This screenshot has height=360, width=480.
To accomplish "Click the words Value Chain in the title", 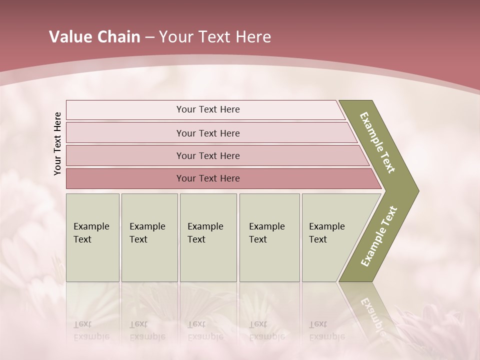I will [x=94, y=37].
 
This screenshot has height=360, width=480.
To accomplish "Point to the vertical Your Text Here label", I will [x=57, y=143].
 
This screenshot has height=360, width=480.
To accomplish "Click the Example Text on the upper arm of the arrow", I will [x=377, y=143].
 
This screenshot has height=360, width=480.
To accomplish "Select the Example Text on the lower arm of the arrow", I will [x=378, y=236].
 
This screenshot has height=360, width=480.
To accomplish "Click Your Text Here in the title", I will [x=215, y=37].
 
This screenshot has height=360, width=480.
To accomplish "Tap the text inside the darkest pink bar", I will [x=208, y=178].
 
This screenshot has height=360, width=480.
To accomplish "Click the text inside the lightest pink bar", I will [x=208, y=109].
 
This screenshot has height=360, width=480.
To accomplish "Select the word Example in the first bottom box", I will [x=91, y=226].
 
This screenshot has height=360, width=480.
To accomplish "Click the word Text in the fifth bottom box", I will [x=317, y=239].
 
